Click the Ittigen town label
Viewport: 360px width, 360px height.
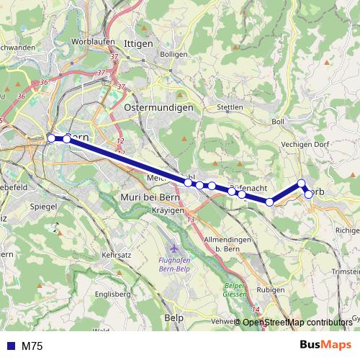pyautogui.click(x=139, y=44)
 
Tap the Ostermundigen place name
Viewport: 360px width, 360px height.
pyautogui.click(x=159, y=107)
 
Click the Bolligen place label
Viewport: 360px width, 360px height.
pyautogui.click(x=174, y=54)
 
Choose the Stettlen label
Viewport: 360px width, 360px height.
pyautogui.click(x=230, y=107)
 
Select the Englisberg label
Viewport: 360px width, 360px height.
pyautogui.click(x=112, y=294)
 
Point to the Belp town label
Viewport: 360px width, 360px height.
pyautogui.click(x=174, y=317)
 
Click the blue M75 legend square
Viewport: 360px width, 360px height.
pyautogui.click(x=9, y=346)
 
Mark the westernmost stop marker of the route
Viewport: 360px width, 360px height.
pyautogui.click(x=51, y=138)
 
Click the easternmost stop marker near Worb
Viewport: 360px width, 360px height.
pyautogui.click(x=309, y=193)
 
